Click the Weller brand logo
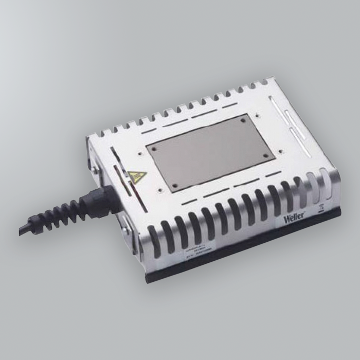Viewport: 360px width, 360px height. point(295,218)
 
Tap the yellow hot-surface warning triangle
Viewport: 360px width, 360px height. point(137,176)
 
